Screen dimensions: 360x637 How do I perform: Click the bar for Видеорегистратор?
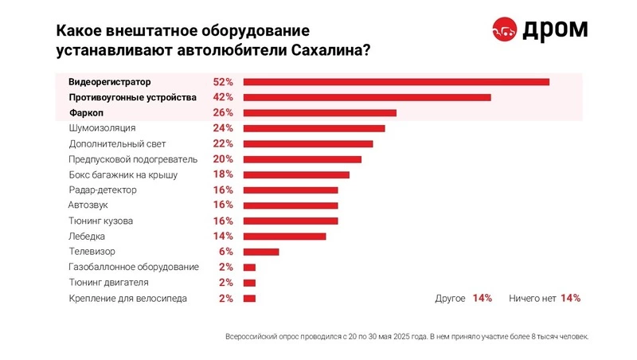pos(397,82)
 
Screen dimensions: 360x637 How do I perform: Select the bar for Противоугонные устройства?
pos(366,97)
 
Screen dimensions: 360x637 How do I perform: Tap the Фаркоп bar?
pos(319,113)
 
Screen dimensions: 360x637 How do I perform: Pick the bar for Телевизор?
pos(261,252)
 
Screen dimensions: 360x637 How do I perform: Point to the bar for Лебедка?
pos(284,236)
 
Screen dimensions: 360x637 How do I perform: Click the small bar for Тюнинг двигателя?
pos(249,283)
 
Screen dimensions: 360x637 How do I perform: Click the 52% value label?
pos(223,82)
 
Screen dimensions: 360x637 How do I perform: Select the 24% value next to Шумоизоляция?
pos(223,128)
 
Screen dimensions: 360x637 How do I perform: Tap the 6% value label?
pos(225,252)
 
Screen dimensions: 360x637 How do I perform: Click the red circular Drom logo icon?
pos(503,29)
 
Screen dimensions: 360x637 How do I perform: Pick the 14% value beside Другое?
pos(482,298)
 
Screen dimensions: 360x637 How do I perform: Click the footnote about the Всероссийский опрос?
pos(408,337)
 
